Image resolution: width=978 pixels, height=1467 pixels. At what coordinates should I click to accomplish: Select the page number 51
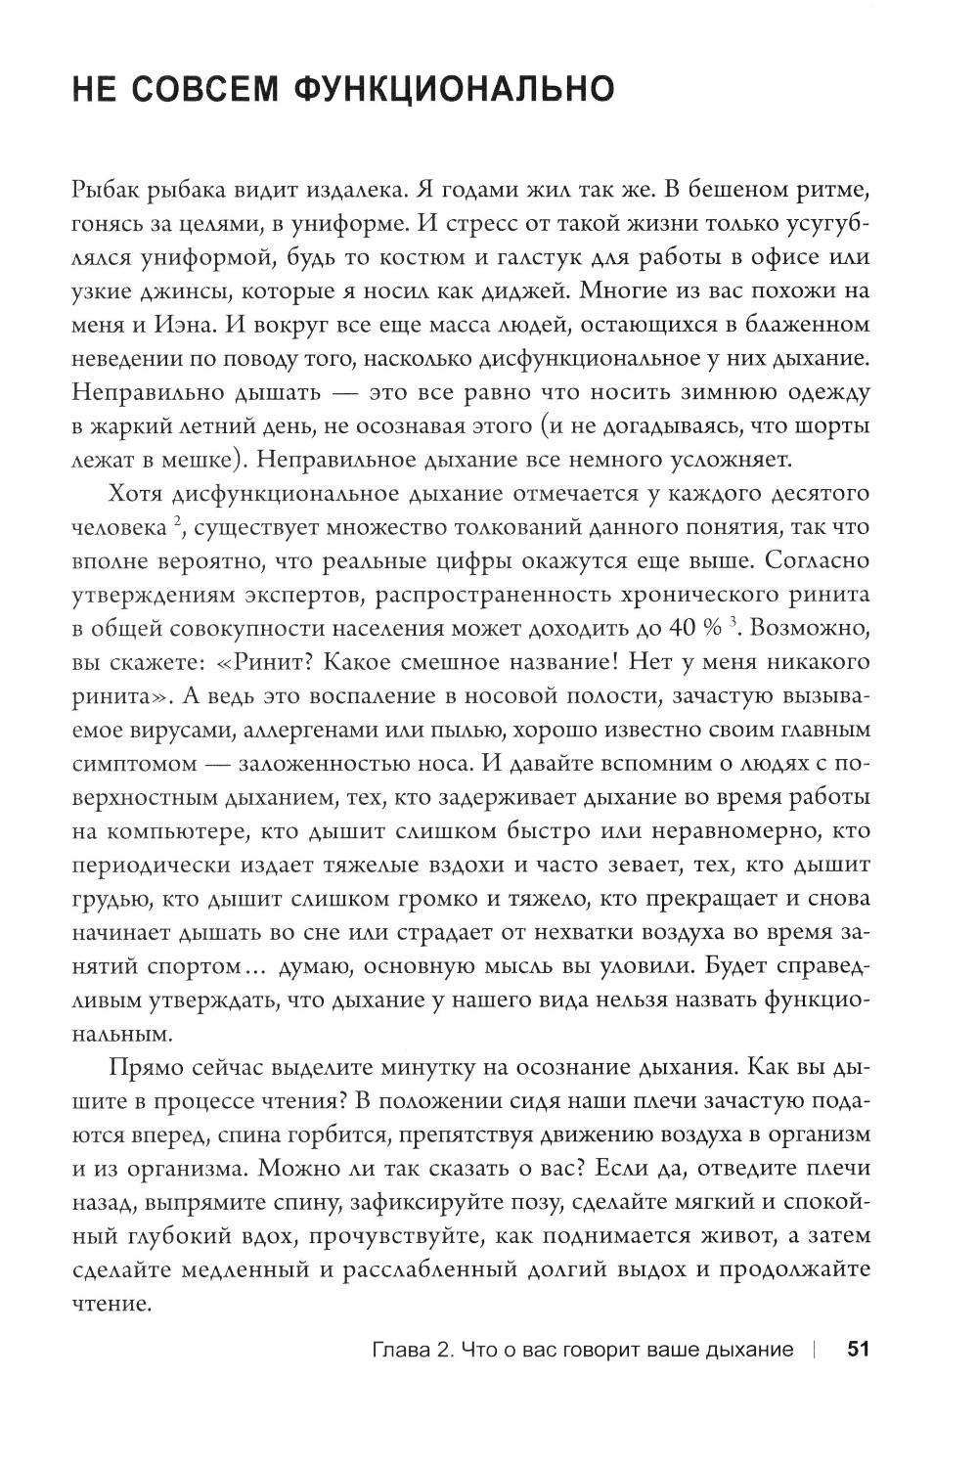pyautogui.click(x=858, y=1351)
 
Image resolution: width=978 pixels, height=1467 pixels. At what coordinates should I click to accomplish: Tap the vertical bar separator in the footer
pyautogui.click(x=813, y=1351)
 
